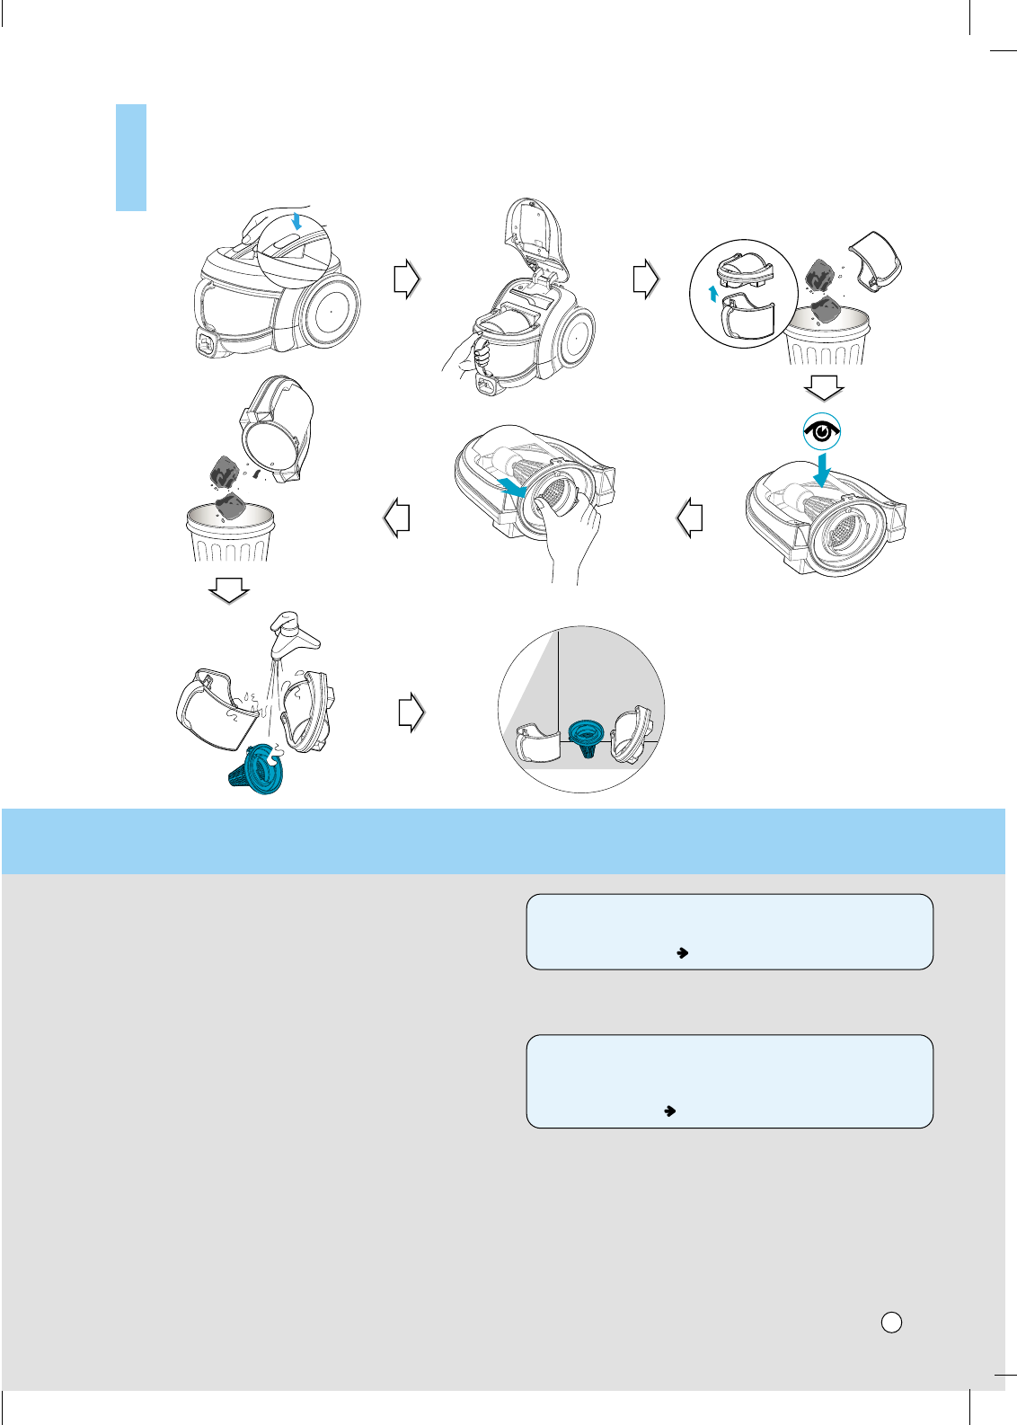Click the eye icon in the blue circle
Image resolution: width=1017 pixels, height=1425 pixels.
tap(822, 433)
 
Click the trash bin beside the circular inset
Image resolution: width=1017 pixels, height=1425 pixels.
tap(827, 336)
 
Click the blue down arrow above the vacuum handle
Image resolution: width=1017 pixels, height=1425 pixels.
tap(296, 220)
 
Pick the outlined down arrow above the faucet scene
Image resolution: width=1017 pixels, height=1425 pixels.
tap(228, 590)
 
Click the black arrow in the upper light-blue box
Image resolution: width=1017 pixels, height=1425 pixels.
tap(682, 952)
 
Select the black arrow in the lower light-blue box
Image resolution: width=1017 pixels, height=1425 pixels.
tap(669, 1111)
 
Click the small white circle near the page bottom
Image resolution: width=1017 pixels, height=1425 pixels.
tap(891, 1322)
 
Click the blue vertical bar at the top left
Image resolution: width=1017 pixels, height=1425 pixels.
tap(131, 157)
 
